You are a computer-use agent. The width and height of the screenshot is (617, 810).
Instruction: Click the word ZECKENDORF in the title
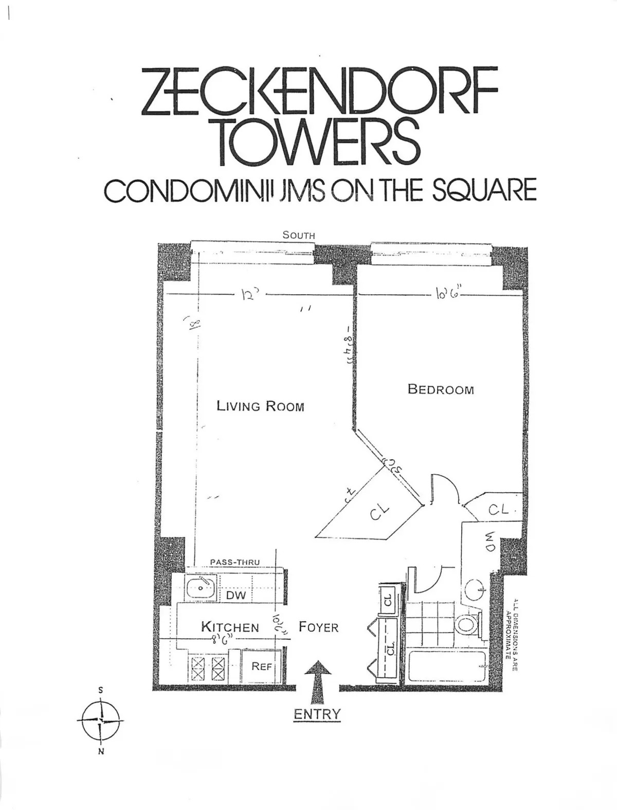pyautogui.click(x=319, y=91)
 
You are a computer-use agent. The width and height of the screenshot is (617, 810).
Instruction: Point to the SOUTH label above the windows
pyautogui.click(x=298, y=235)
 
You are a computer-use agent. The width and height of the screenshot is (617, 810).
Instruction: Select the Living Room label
pyautogui.click(x=260, y=406)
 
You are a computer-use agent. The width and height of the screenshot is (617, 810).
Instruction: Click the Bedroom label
pyautogui.click(x=441, y=389)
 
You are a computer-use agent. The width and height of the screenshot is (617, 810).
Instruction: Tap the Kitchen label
pyautogui.click(x=230, y=627)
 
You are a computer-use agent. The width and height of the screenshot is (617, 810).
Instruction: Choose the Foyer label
pyautogui.click(x=319, y=627)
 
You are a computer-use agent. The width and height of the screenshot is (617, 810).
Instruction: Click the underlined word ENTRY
pyautogui.click(x=317, y=714)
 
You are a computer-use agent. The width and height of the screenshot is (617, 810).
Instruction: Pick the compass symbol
pyautogui.click(x=101, y=721)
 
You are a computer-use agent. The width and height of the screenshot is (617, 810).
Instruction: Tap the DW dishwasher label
pyautogui.click(x=236, y=596)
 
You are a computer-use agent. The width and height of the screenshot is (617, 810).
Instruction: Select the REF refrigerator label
pyautogui.click(x=261, y=667)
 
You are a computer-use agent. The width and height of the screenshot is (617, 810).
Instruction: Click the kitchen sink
pyautogui.click(x=201, y=587)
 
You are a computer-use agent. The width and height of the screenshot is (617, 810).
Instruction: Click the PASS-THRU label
pyautogui.click(x=235, y=562)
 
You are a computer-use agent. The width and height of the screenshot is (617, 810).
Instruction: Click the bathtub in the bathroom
pyautogui.click(x=445, y=668)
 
